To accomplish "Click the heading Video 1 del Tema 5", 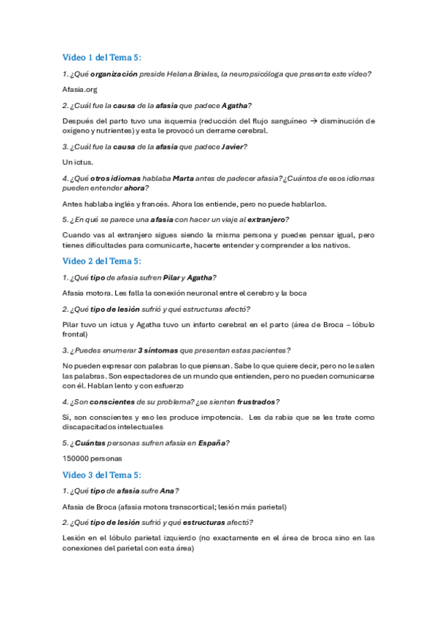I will [x=106, y=58].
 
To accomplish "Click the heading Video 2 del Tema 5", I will [x=106, y=261].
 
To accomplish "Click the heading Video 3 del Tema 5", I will [x=106, y=474].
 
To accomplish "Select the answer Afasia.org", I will [x=80, y=89].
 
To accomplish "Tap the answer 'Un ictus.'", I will [x=78, y=161].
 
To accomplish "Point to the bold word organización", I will [x=114, y=74].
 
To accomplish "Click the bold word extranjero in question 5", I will [x=268, y=219].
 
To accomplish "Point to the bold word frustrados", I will [x=255, y=401].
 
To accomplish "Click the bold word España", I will [x=212, y=442].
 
